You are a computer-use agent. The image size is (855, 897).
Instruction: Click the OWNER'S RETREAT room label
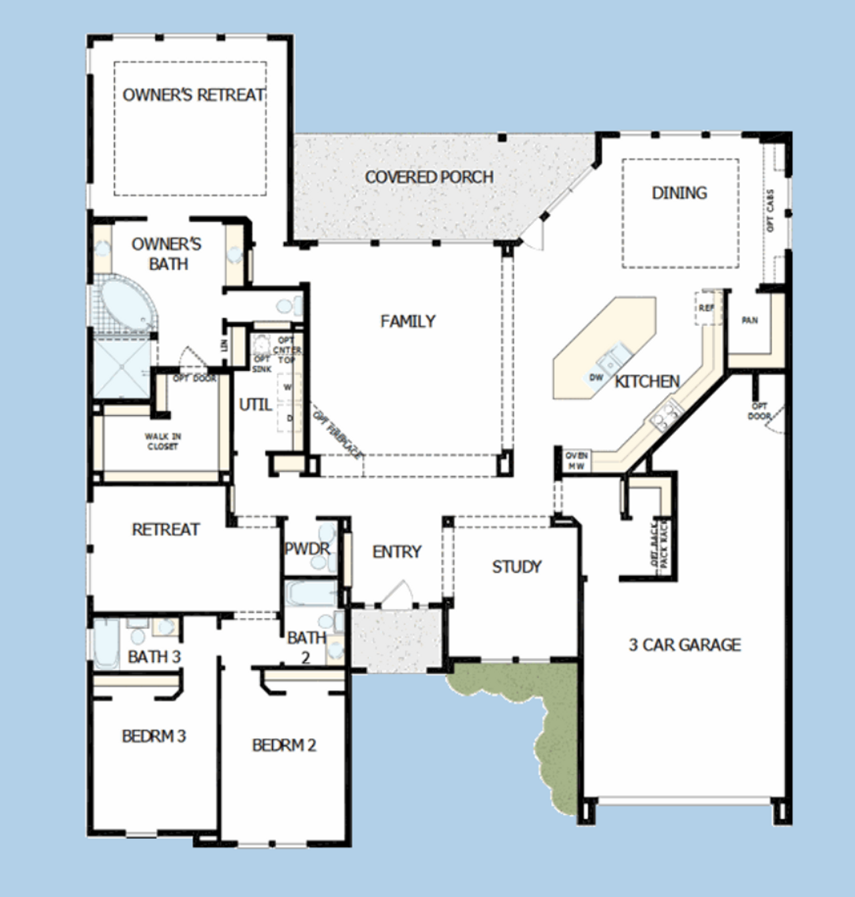point(194,96)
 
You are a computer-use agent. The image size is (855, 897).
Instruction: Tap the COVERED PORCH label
point(429,177)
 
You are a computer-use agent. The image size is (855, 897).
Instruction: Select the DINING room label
point(679,193)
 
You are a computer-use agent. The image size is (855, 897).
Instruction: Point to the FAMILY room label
point(407,321)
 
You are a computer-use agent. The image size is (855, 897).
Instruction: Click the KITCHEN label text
point(647,381)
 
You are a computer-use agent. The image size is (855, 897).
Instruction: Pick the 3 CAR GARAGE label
point(685,645)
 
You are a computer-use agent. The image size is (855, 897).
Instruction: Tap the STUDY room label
point(516,567)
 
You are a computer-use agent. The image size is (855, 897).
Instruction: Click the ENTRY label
point(397,552)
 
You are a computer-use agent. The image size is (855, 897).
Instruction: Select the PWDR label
point(307,549)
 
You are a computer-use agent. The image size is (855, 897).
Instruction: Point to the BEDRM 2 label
point(284,745)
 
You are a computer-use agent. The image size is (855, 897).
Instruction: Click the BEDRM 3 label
point(154,736)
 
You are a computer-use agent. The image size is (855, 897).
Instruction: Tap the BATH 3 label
point(154,657)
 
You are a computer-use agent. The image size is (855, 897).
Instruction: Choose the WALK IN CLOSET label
point(163,441)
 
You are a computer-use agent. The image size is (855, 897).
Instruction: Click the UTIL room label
point(255,405)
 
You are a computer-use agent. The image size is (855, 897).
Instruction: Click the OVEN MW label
point(576,461)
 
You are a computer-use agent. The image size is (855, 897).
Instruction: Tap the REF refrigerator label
point(706,308)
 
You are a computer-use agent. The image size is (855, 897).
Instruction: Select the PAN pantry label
point(749,321)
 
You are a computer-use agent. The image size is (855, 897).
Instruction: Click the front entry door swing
point(398,593)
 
